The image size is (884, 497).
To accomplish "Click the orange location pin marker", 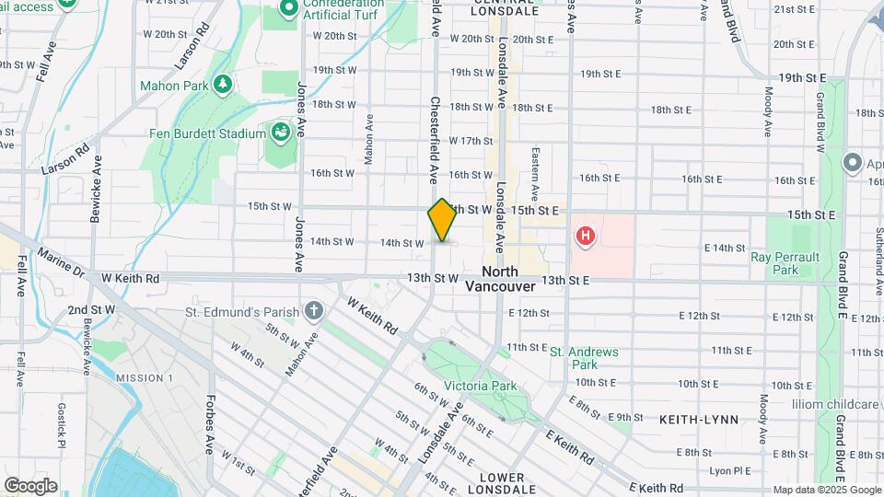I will tap(442, 221).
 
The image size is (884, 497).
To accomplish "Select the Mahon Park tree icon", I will tap(221, 86).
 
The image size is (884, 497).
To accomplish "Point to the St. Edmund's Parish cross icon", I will tap(314, 309).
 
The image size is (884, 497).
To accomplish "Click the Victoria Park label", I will tap(480, 386).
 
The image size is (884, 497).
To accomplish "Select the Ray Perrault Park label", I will tap(785, 263).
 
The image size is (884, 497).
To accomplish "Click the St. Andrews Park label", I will tap(585, 358).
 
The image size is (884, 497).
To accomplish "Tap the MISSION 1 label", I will tap(145, 378).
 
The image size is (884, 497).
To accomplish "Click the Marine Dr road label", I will tap(61, 261).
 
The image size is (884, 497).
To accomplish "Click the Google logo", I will tap(30, 485).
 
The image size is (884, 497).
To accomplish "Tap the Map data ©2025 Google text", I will tap(826, 490).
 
